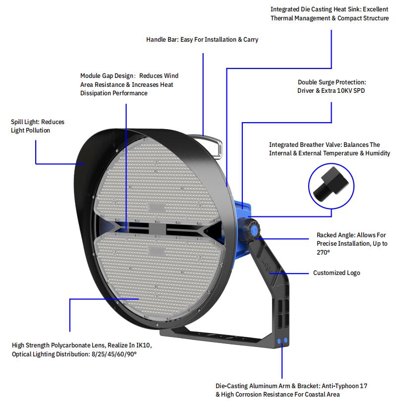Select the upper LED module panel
click(157, 182)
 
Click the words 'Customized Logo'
click(337, 273)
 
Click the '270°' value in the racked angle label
click(323, 252)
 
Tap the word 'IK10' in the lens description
click(143, 345)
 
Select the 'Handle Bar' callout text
click(162, 39)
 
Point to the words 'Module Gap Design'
click(107, 76)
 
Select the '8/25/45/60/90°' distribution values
click(114, 354)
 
